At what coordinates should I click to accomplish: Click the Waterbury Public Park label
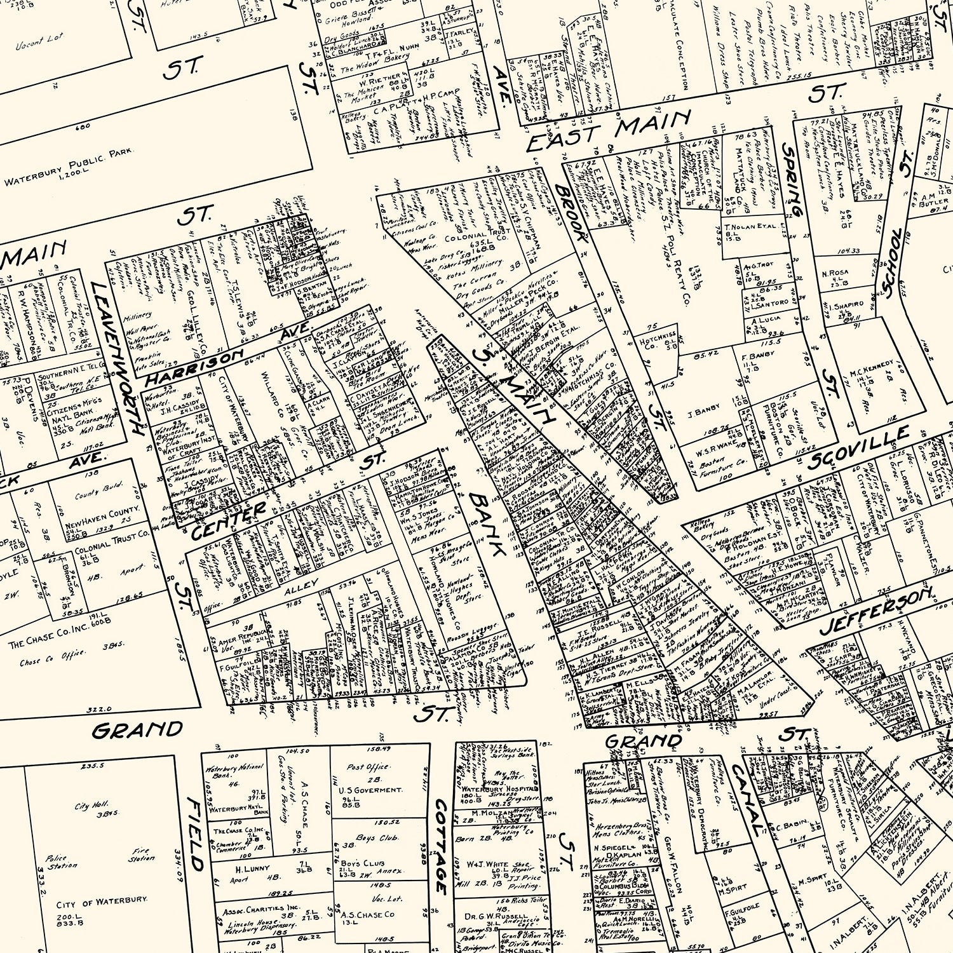(x=69, y=168)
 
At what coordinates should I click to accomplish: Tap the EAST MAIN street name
(x=609, y=131)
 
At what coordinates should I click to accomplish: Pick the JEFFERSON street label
(x=877, y=611)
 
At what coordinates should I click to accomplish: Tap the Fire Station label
(x=141, y=855)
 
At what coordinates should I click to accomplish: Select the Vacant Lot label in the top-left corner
(x=39, y=42)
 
